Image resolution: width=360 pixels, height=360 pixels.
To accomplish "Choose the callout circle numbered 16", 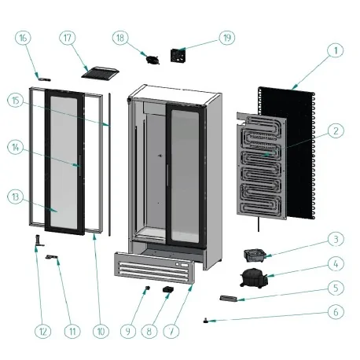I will pyautogui.click(x=22, y=38).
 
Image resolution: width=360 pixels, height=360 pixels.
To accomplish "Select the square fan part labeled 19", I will pyautogui.click(x=179, y=56).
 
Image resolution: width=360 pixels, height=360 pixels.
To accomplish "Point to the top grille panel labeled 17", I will pyautogui.click(x=100, y=72).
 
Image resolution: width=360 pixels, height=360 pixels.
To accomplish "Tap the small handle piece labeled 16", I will pyautogui.click(x=44, y=78).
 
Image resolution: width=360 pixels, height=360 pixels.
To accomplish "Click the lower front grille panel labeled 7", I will pyautogui.click(x=152, y=269).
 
